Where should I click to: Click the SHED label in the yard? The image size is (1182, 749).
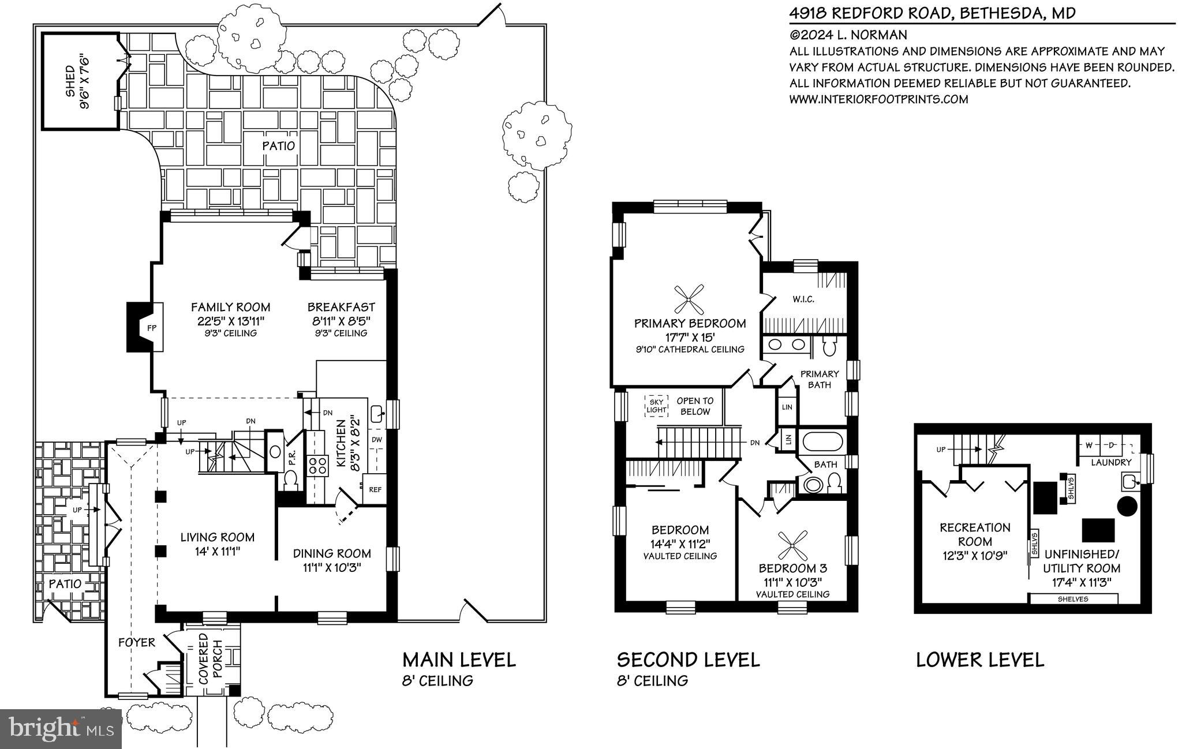pyautogui.click(x=70, y=82)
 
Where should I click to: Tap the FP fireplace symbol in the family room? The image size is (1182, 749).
pyautogui.click(x=151, y=328)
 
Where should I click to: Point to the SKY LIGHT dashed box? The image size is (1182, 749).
pyautogui.click(x=657, y=406)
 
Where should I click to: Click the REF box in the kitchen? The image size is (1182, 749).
pyautogui.click(x=375, y=489)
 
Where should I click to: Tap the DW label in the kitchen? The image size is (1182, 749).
pyautogui.click(x=377, y=440)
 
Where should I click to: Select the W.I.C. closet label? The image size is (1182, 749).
pyautogui.click(x=803, y=299)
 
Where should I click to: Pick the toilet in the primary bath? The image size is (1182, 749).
pyautogui.click(x=829, y=347)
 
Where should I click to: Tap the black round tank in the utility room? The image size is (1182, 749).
pyautogui.click(x=1127, y=506)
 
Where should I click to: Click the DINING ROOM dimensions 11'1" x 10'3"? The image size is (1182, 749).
pyautogui.click(x=332, y=567)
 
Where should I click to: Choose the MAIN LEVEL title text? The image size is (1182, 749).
pyautogui.click(x=459, y=660)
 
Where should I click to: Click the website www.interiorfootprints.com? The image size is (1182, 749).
pyautogui.click(x=878, y=99)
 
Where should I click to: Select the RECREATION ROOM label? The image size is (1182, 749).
pyautogui.click(x=975, y=534)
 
